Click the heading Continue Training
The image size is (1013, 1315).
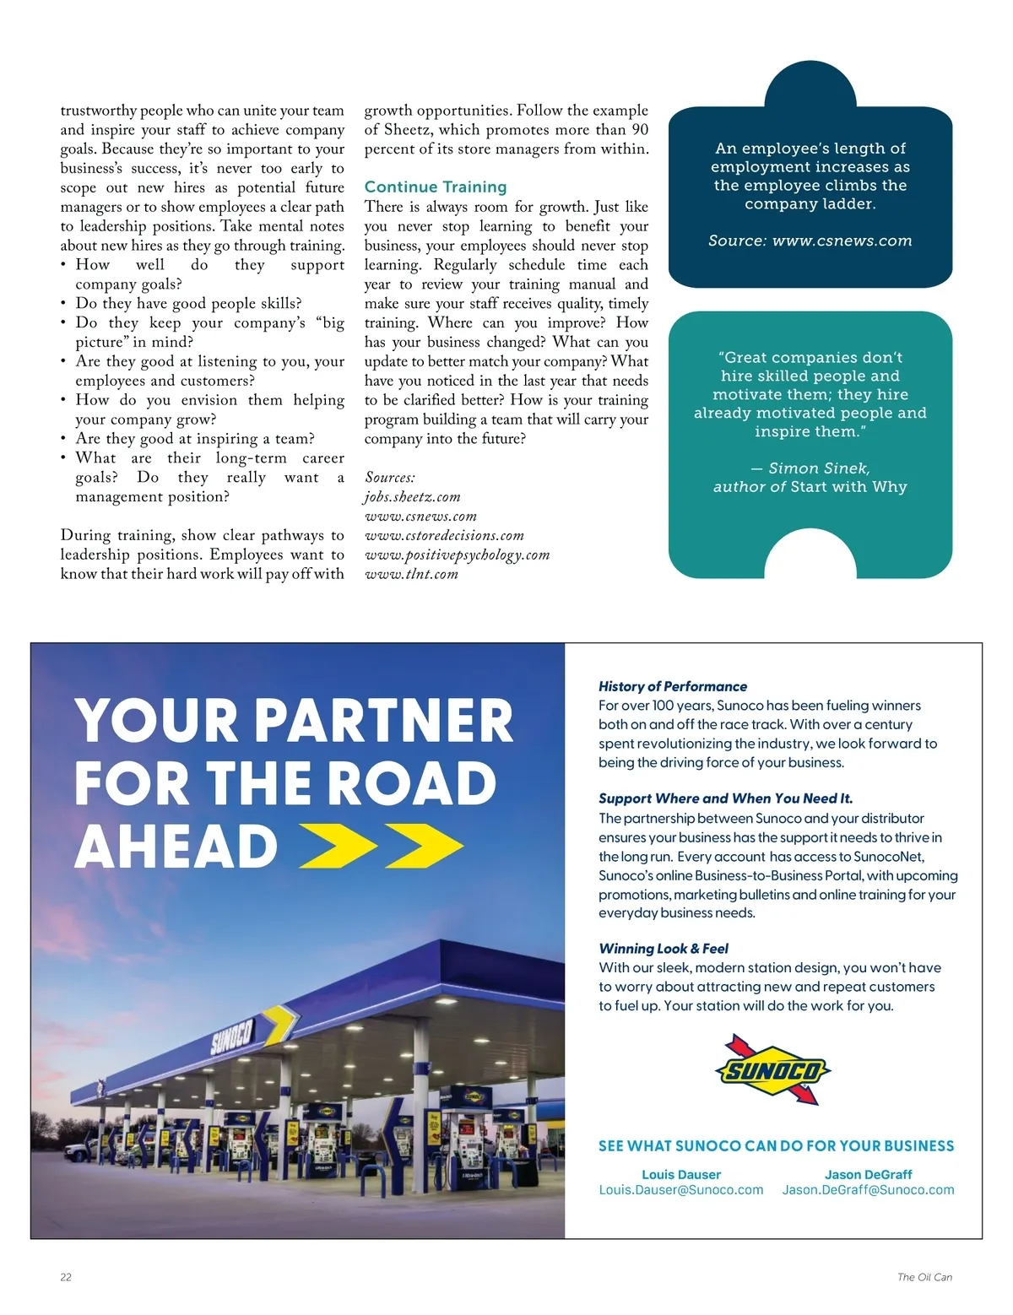[436, 187]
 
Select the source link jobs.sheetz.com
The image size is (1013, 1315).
[412, 497]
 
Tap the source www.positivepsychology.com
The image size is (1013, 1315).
[457, 555]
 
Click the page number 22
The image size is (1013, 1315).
[66, 1277]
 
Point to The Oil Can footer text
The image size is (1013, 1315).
[924, 1277]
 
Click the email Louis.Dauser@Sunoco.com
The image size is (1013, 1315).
[680, 1190]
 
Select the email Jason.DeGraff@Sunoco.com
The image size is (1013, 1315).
[868, 1190]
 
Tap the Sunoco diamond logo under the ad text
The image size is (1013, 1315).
[772, 1070]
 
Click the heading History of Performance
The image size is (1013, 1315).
[673, 687]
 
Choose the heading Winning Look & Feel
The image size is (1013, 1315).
[664, 949]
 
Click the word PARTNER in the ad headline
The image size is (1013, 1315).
[383, 722]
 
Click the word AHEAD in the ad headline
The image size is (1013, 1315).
[176, 847]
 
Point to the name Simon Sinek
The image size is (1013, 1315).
[819, 468]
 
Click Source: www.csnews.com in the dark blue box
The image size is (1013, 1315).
[810, 241]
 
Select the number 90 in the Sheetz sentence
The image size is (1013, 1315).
[639, 130]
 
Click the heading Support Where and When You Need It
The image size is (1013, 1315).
[725, 798]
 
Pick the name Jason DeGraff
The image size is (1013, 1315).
[868, 1174]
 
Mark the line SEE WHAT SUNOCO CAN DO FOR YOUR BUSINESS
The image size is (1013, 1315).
[776, 1146]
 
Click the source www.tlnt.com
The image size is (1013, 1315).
[411, 575]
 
